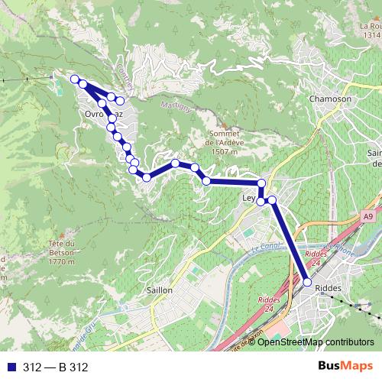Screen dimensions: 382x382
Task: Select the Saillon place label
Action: pos(159,290)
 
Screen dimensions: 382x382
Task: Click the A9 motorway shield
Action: pos(370,217)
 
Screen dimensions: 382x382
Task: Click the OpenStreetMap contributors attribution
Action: pos(316,342)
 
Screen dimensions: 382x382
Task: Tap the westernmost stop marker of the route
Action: pos(75,79)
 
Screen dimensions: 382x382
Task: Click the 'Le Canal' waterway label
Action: pos(266,247)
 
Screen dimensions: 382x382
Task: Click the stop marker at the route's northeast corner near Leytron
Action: pos(261,183)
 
